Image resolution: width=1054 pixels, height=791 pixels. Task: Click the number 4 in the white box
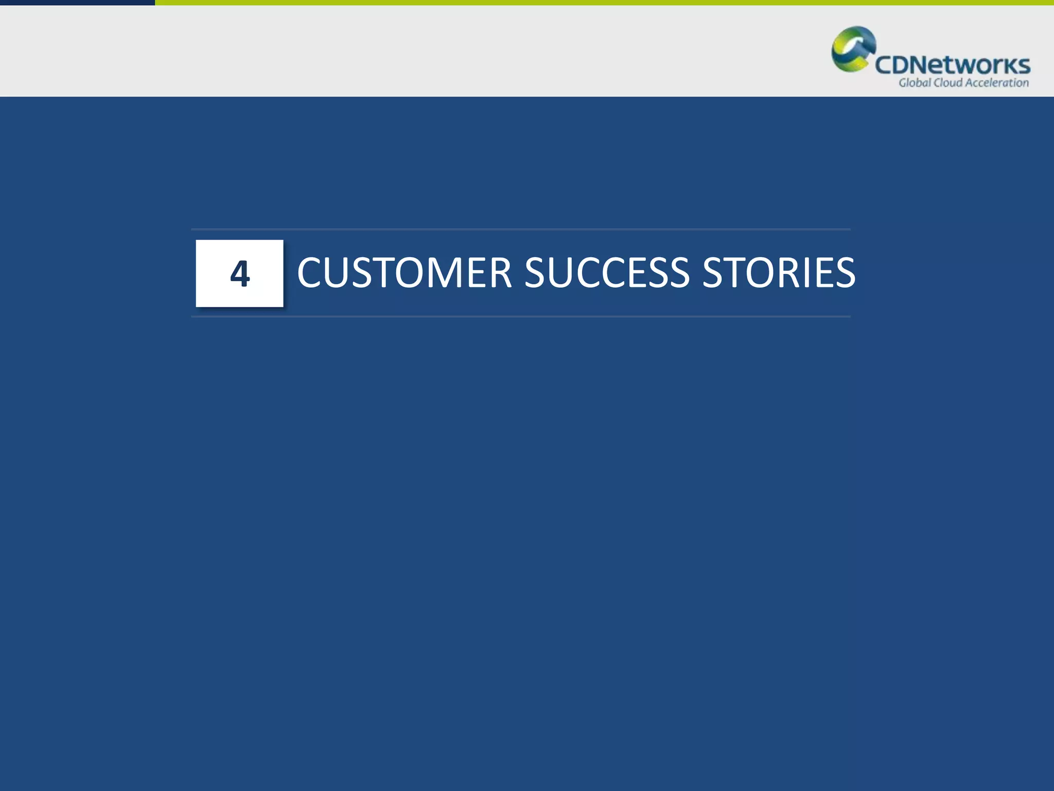tap(240, 273)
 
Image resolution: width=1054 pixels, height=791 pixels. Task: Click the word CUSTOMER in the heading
tap(405, 272)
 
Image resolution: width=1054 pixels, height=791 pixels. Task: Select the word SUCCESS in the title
tap(607, 272)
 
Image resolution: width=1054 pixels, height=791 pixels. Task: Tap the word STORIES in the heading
tap(779, 272)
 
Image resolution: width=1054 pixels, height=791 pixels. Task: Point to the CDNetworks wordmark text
tap(953, 65)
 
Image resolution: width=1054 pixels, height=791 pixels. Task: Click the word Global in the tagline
tap(915, 83)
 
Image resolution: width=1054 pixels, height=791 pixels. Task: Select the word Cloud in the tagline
tap(947, 83)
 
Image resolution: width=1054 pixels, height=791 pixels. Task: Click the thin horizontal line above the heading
tap(520, 229)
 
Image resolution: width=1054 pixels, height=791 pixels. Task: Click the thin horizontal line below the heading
tap(520, 317)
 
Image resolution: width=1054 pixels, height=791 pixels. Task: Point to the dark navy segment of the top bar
tap(77, 3)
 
